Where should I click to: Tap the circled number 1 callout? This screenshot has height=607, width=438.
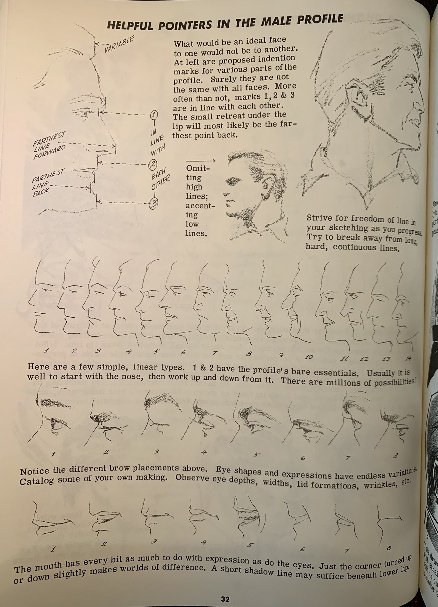[x=154, y=114]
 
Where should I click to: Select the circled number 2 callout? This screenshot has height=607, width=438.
[x=153, y=164]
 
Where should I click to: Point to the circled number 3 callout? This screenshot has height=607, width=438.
[x=154, y=203]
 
